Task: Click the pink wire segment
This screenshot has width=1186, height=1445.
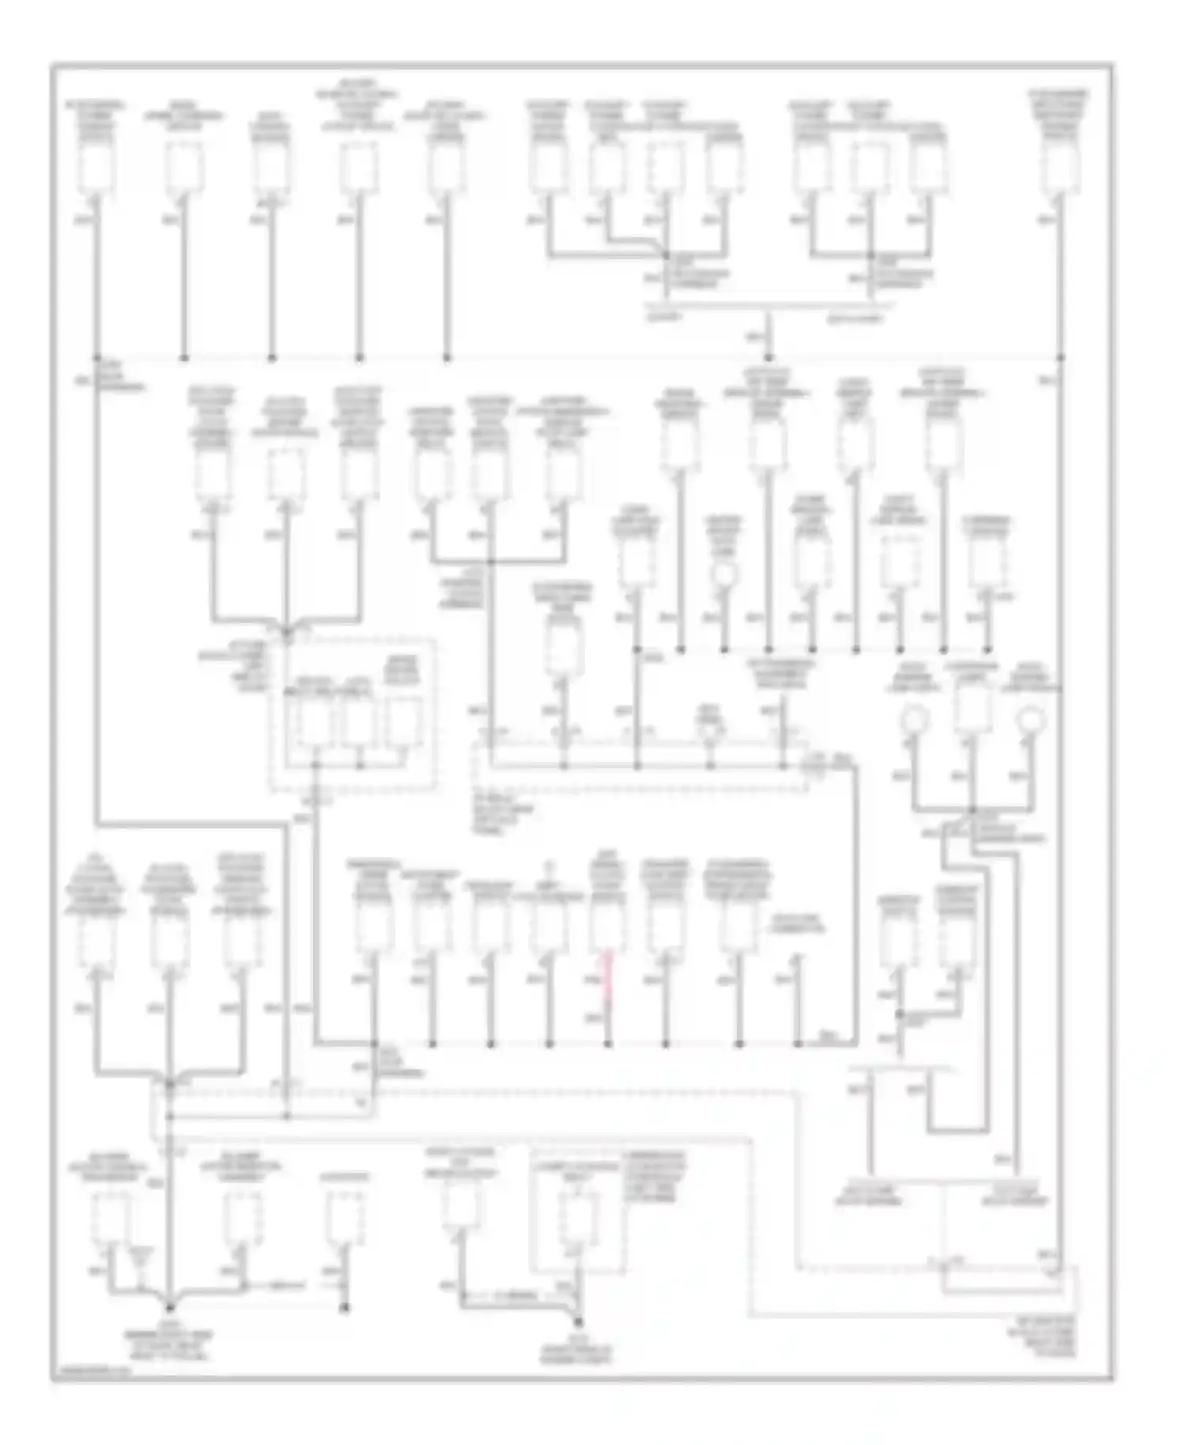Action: [608, 978]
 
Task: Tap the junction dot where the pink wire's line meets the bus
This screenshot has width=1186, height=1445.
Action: [608, 1044]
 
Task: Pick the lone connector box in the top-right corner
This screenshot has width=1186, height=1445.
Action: [1059, 167]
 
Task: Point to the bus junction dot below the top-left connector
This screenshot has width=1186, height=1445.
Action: [97, 358]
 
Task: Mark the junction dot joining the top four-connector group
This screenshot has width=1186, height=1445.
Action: [667, 255]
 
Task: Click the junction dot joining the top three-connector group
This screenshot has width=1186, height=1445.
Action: [871, 255]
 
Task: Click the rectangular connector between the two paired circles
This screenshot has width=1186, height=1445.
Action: [972, 709]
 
